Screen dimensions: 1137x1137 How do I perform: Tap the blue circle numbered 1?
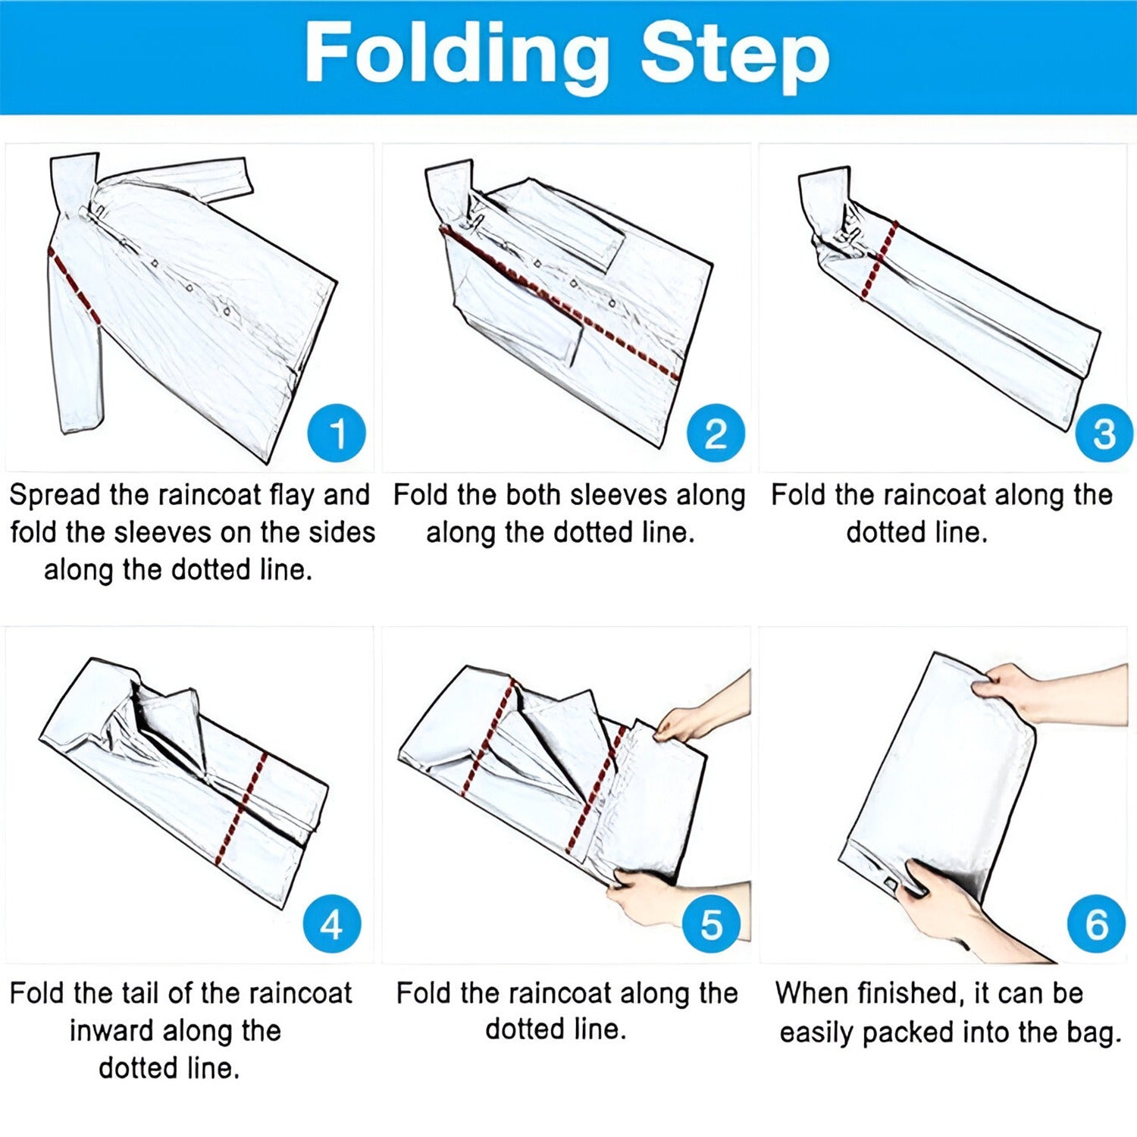(x=337, y=434)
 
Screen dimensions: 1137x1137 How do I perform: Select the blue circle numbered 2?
(x=716, y=434)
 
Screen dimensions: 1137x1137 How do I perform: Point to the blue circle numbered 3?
(x=1104, y=434)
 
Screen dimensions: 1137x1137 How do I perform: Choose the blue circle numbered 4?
(x=332, y=923)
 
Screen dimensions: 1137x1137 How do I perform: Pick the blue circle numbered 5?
(x=711, y=923)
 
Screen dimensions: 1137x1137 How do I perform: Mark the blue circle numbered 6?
(x=1096, y=923)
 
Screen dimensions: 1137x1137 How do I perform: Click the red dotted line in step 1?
(x=74, y=285)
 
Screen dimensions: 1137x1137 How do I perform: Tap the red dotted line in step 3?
(x=880, y=259)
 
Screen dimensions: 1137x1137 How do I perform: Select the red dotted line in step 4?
(x=240, y=808)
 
